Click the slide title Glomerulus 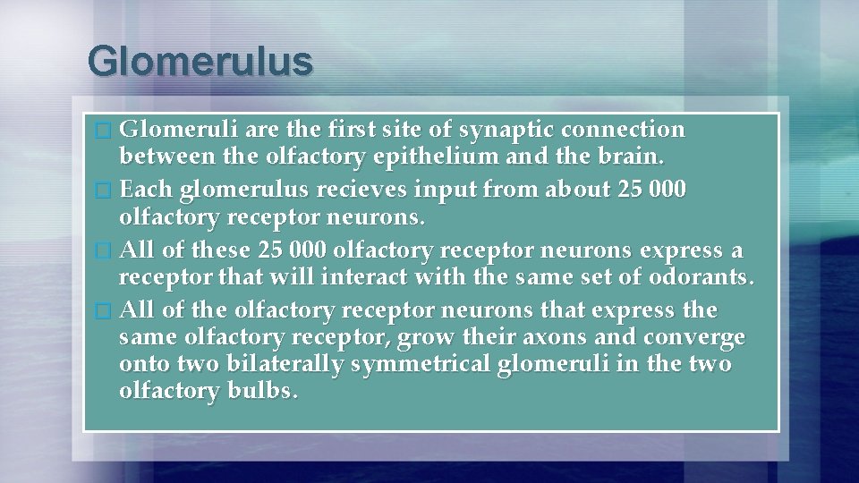pyautogui.click(x=200, y=62)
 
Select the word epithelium pyautogui.click(x=420, y=158)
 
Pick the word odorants pyautogui.click(x=700, y=278)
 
